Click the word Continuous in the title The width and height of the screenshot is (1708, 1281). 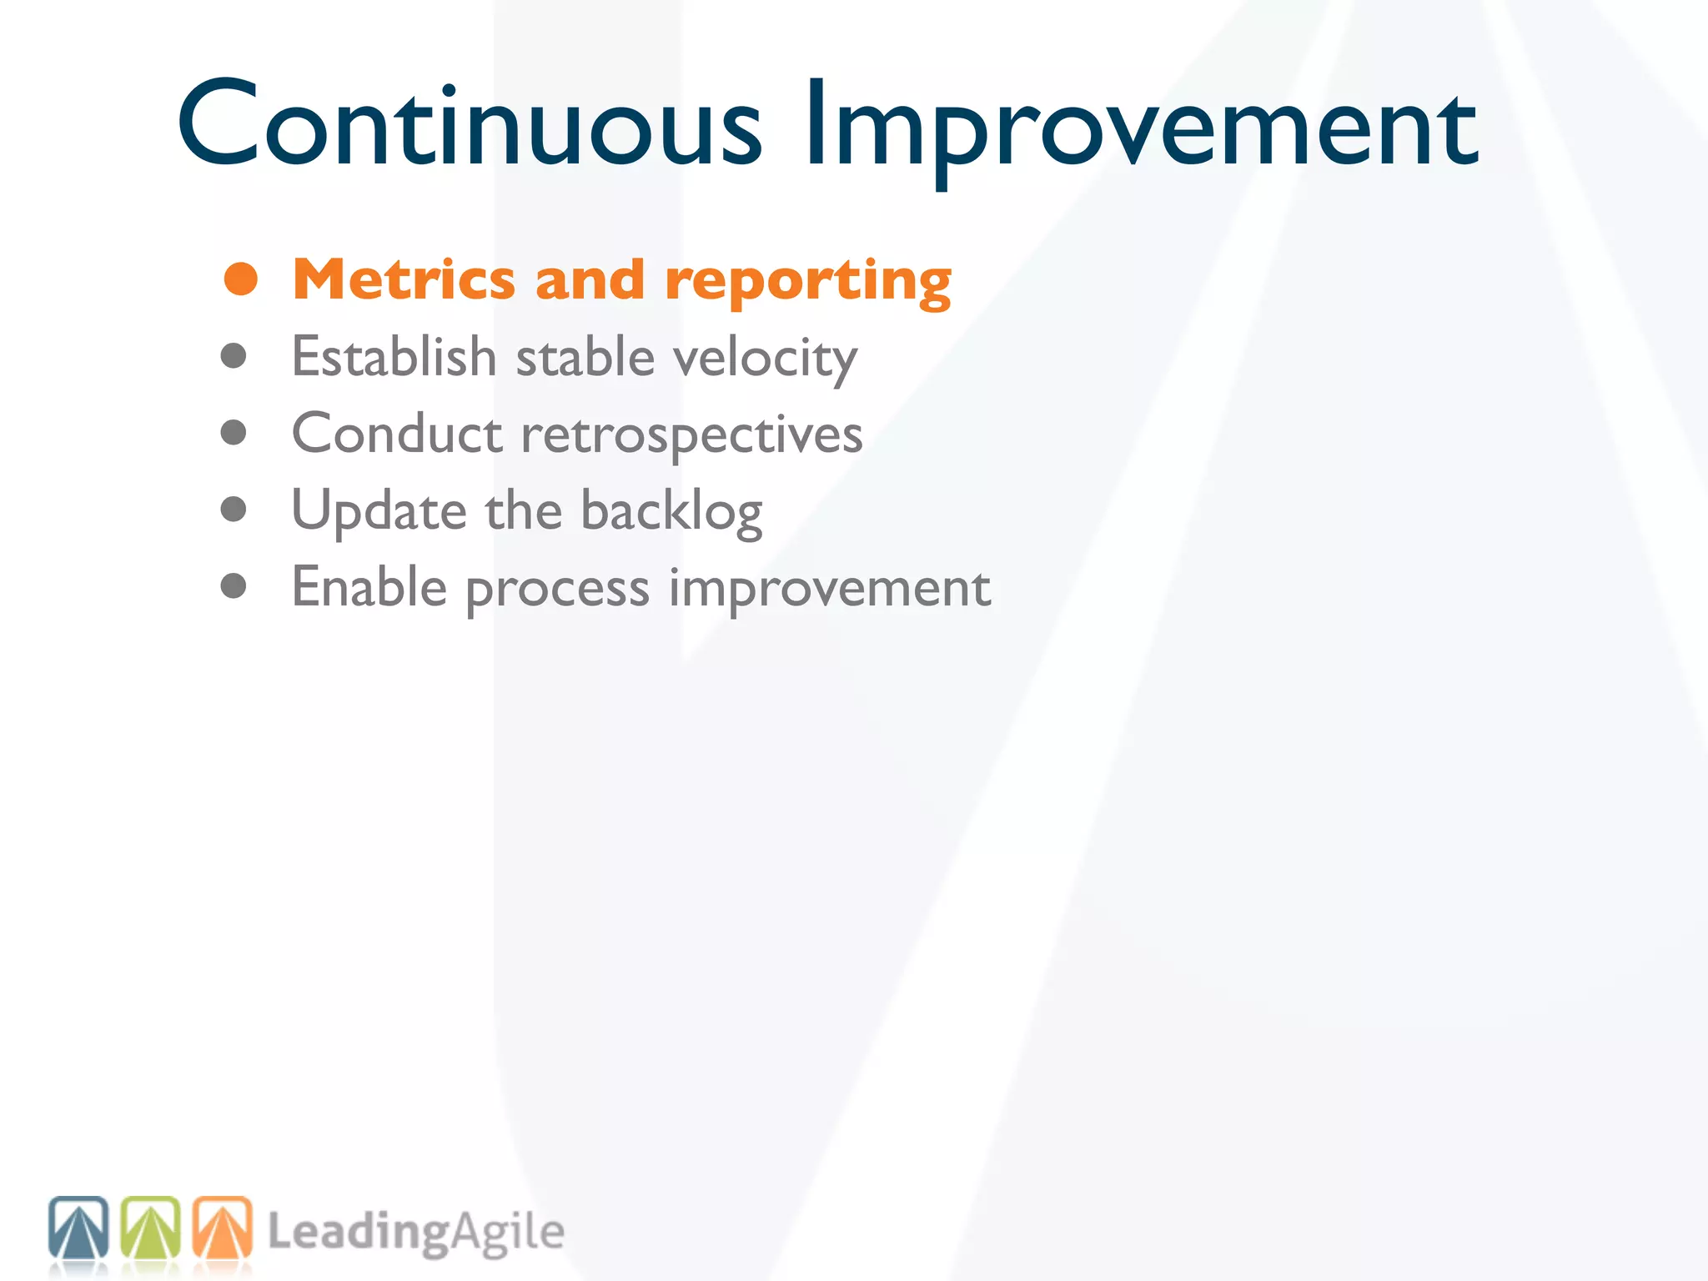point(469,125)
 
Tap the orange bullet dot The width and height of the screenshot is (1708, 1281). point(241,279)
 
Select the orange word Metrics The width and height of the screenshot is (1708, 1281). point(404,279)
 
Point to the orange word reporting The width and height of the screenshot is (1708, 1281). point(808,282)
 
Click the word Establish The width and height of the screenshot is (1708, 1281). point(394,357)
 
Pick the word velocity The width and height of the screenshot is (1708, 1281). point(765,359)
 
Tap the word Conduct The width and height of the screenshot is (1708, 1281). point(397,434)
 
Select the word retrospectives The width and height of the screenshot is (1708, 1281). point(691,435)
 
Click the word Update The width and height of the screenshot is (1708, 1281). point(379,510)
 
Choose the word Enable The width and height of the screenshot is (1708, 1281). point(369,587)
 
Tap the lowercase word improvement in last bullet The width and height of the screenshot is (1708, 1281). point(830,589)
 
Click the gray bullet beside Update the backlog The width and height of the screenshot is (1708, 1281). point(234,509)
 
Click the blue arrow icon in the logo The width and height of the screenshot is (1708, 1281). point(78,1228)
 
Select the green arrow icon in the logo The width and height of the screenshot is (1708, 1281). point(150,1228)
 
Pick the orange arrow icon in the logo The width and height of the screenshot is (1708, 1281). point(222,1228)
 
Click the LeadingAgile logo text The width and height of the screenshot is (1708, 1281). point(415,1233)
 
